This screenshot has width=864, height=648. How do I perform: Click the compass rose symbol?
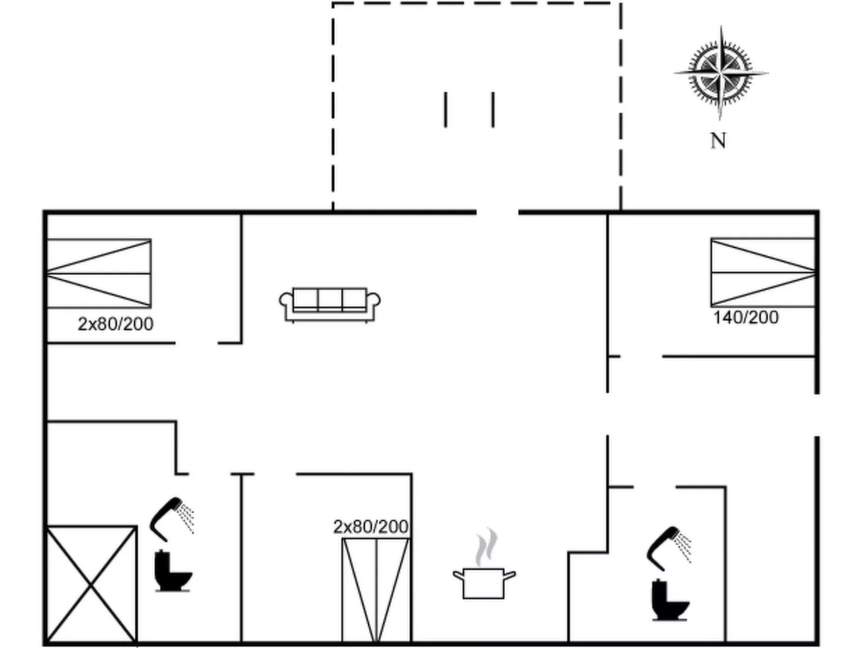(x=721, y=73)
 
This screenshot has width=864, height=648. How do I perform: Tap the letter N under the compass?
(x=718, y=140)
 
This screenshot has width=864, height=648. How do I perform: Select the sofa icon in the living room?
(x=330, y=305)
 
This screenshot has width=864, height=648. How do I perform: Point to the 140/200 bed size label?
(x=746, y=317)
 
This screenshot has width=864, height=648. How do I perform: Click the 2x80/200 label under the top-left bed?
(x=115, y=324)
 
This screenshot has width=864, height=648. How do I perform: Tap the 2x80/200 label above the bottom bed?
(x=371, y=527)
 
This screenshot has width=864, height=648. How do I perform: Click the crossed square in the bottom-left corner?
(x=91, y=585)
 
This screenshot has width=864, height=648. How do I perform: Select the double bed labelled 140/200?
(x=763, y=272)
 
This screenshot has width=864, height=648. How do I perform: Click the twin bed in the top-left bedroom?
(x=99, y=273)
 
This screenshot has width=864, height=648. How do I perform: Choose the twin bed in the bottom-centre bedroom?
(x=376, y=590)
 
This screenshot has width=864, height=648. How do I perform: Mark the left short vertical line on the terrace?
(x=445, y=110)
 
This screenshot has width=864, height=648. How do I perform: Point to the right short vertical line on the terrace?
(x=493, y=110)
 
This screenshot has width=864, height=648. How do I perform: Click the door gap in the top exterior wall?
(x=498, y=212)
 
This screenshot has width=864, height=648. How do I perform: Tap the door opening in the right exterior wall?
(x=817, y=415)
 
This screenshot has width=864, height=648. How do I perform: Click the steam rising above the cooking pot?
(x=486, y=546)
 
